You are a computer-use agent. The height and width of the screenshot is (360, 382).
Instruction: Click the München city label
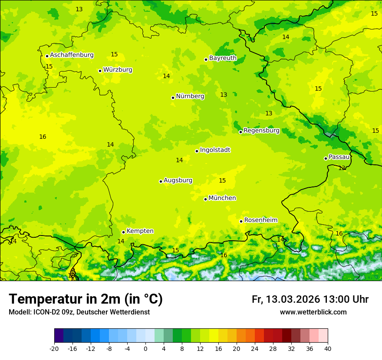tap(222, 198)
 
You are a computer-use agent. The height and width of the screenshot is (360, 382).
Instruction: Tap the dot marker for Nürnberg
tap(173, 98)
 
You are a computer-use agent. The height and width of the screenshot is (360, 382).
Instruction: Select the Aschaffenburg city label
tap(72, 55)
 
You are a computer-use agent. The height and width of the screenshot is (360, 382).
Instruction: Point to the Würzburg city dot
tap(100, 71)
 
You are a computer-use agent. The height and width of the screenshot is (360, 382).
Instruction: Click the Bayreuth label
tap(223, 58)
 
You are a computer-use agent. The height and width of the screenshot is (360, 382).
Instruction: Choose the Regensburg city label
tap(261, 131)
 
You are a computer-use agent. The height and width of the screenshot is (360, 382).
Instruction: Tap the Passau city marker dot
tap(326, 158)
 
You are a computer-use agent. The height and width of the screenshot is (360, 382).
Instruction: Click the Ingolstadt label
tap(215, 150)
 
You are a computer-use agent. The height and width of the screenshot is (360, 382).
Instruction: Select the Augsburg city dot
tap(161, 181)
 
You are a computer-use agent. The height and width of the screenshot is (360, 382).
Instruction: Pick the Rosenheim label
tap(260, 220)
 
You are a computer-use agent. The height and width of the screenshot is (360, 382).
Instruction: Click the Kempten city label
tap(140, 231)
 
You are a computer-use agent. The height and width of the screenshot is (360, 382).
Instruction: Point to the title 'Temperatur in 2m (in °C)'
tap(86, 299)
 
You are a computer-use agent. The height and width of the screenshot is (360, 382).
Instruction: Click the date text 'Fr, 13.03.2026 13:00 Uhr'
tap(310, 300)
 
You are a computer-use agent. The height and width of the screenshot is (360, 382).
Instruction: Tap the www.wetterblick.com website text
tap(313, 312)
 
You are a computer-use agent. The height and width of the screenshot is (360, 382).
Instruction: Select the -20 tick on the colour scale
tap(54, 348)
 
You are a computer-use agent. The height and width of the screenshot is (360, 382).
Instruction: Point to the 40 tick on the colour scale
tap(328, 348)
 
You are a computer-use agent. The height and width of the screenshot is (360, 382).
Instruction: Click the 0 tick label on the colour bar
tap(145, 348)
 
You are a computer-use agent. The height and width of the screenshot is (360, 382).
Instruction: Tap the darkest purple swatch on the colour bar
tap(59, 336)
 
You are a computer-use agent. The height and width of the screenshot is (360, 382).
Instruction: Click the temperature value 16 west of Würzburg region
tap(43, 137)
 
